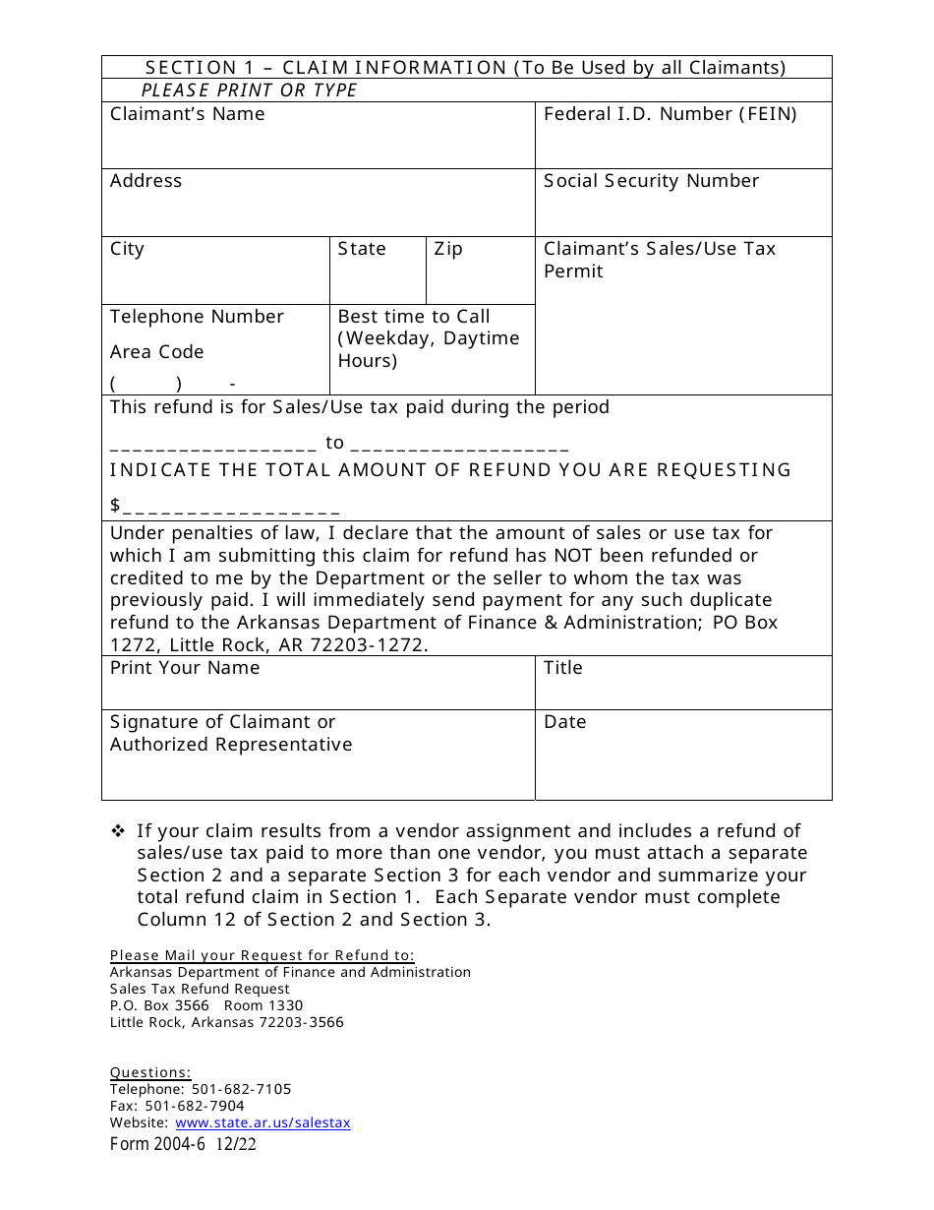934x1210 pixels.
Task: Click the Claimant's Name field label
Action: point(187,114)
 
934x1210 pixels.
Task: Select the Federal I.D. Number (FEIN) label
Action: point(670,114)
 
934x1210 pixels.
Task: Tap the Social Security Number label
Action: point(651,181)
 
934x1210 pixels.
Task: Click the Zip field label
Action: point(448,249)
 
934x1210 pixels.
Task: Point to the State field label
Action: point(362,249)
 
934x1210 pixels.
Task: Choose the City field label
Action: point(127,249)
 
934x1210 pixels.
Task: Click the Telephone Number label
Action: point(197,317)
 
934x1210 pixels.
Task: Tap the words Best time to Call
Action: point(414,317)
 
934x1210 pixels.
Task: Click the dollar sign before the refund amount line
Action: point(115,506)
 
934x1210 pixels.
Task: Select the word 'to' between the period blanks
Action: point(335,443)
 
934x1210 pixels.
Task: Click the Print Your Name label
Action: point(185,668)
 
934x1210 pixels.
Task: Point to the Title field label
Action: point(563,668)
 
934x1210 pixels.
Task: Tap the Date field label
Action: point(564,722)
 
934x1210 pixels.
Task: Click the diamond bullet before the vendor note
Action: point(118,831)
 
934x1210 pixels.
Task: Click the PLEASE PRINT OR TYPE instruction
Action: point(250,91)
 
